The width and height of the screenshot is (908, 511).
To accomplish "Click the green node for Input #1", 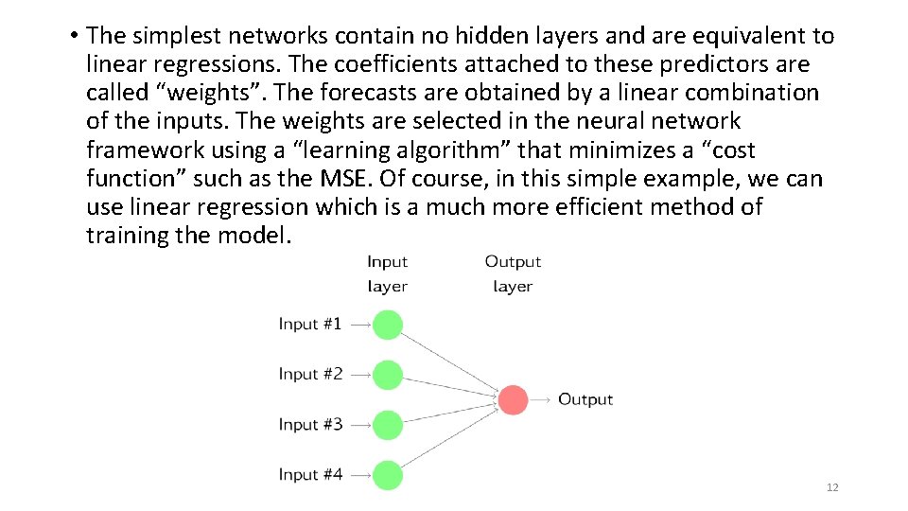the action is [x=387, y=325].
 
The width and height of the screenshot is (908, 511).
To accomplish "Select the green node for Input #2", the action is [x=387, y=375].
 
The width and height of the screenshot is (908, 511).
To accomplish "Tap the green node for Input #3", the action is [x=387, y=425].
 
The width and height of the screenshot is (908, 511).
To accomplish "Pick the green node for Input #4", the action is [x=387, y=475].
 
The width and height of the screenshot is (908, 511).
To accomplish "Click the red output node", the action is [x=513, y=399].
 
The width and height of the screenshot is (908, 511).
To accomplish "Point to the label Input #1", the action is [x=310, y=324].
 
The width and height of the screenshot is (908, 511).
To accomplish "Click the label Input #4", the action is [x=310, y=474].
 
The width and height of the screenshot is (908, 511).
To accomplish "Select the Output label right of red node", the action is [x=585, y=399].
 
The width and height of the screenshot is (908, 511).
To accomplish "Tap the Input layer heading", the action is [x=387, y=273].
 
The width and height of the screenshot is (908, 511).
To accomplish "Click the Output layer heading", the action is [x=513, y=273].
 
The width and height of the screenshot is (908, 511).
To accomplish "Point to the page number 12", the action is [x=832, y=487].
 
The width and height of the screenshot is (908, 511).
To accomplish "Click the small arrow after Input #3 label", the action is [x=359, y=425].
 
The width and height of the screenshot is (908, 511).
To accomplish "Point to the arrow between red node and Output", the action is [x=541, y=399].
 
